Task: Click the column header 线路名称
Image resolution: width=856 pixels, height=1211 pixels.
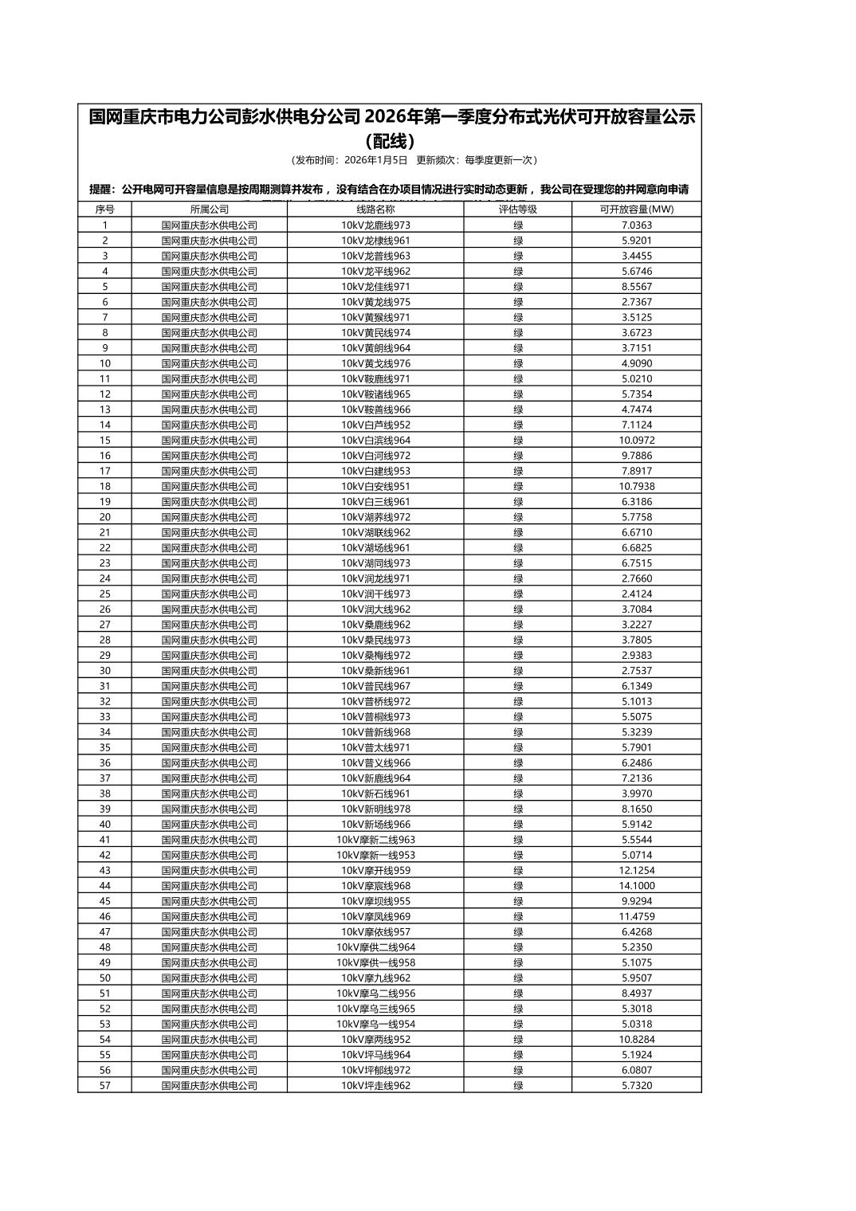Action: pyautogui.click(x=375, y=210)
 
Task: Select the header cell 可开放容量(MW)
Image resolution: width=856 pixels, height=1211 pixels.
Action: pyautogui.click(x=636, y=210)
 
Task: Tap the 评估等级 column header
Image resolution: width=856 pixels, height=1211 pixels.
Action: pyautogui.click(x=518, y=210)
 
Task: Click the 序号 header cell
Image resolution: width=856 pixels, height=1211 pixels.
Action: pyautogui.click(x=104, y=210)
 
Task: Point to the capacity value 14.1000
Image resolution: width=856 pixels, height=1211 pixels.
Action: pyautogui.click(x=636, y=886)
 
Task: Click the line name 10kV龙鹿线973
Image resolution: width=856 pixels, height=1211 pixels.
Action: pyautogui.click(x=375, y=225)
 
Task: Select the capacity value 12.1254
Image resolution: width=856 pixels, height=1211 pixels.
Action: pyautogui.click(x=636, y=871)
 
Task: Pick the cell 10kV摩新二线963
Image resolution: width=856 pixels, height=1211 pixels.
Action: pyautogui.click(x=375, y=840)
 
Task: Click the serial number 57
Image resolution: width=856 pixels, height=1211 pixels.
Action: pyautogui.click(x=104, y=1086)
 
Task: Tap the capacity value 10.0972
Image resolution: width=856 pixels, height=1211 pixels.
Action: pyautogui.click(x=636, y=441)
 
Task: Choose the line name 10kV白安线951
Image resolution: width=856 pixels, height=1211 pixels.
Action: pyautogui.click(x=375, y=487)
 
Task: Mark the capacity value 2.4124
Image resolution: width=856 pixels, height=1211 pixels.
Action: pyautogui.click(x=636, y=594)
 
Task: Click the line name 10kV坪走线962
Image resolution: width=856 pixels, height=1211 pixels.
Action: pyautogui.click(x=375, y=1086)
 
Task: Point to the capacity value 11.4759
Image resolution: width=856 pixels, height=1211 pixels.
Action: pyautogui.click(x=636, y=917)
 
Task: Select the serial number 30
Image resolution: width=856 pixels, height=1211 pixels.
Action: pyautogui.click(x=104, y=671)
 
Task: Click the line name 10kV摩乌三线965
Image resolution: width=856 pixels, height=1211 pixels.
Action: pyautogui.click(x=375, y=1009)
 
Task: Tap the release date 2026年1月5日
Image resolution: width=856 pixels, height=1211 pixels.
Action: pyautogui.click(x=376, y=160)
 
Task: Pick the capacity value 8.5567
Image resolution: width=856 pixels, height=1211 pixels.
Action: pyautogui.click(x=636, y=287)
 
